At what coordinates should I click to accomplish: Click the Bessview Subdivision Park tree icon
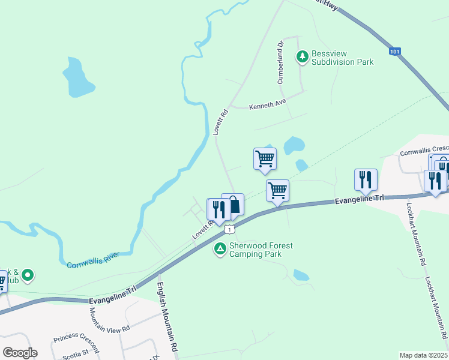[302, 57]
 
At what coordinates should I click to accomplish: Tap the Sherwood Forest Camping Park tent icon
[220, 248]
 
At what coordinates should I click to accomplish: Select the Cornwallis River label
[93, 260]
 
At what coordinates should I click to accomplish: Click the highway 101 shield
[394, 52]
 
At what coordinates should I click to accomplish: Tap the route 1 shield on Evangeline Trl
[228, 229]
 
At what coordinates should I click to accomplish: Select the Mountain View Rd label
[109, 322]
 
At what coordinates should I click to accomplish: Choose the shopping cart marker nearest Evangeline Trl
[277, 191]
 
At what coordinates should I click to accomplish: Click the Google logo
[20, 353]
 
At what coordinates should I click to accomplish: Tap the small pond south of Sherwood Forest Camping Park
[301, 275]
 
